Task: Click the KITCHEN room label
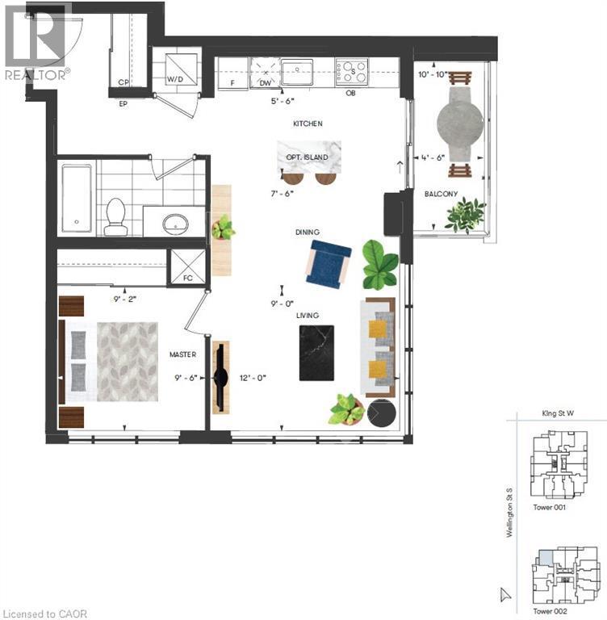coord(308,124)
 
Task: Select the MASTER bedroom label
coord(183,354)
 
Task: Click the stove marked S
coord(352,70)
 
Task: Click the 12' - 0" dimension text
coord(253,376)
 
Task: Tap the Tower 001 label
coord(550,508)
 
